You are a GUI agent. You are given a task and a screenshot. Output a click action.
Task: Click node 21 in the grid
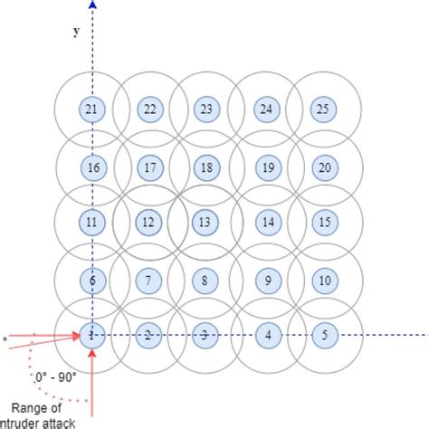point(91,110)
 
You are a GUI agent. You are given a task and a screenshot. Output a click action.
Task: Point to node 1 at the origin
point(91,335)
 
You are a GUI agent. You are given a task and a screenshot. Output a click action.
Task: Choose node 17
point(150,167)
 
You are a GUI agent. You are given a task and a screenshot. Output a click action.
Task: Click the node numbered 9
point(267,280)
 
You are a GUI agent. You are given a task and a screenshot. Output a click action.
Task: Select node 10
point(325,280)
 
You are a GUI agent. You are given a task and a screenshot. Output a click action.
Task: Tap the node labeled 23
point(205,110)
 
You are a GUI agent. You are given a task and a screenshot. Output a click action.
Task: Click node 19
point(267,167)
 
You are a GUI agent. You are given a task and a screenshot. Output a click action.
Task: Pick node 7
point(150,280)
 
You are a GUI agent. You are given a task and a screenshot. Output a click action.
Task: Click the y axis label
point(77,32)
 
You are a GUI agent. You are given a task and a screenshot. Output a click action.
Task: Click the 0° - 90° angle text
point(56,375)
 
